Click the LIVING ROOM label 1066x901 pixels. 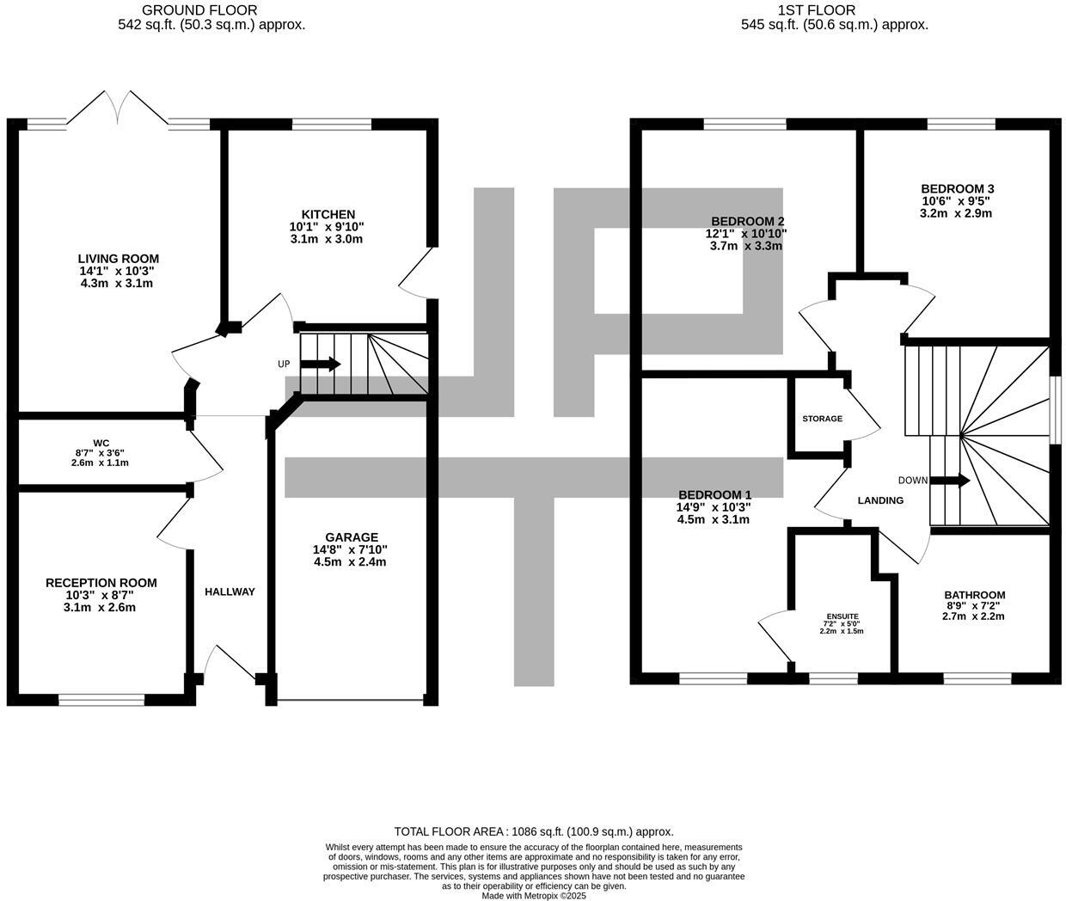click(x=118, y=259)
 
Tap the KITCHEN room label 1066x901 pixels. click(x=328, y=215)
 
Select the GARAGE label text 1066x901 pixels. click(x=351, y=538)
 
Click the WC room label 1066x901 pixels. click(x=101, y=444)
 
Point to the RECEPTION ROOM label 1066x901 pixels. click(x=101, y=583)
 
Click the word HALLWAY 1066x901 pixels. click(x=230, y=592)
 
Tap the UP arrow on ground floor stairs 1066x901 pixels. click(x=320, y=365)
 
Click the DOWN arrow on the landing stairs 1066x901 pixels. click(x=949, y=481)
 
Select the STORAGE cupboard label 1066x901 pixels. click(x=822, y=419)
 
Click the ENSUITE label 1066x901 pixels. click(x=842, y=616)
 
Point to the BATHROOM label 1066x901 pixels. click(x=974, y=595)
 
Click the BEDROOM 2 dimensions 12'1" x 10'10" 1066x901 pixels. click(x=745, y=234)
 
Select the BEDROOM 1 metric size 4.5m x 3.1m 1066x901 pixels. click(x=714, y=519)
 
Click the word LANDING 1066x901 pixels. click(x=880, y=500)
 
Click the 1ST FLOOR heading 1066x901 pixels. click(x=816, y=10)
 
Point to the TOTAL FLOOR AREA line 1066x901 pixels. click(x=533, y=831)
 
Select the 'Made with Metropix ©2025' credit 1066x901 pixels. click(x=533, y=895)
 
